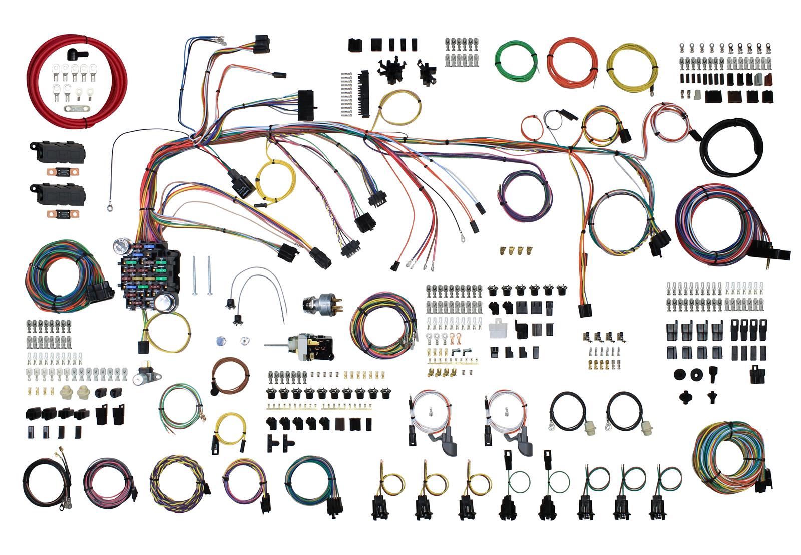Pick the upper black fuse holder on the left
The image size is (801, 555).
(x=56, y=150)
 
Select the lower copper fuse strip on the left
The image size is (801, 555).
(x=57, y=214)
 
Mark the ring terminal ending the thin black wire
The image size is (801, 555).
(x=109, y=203)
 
